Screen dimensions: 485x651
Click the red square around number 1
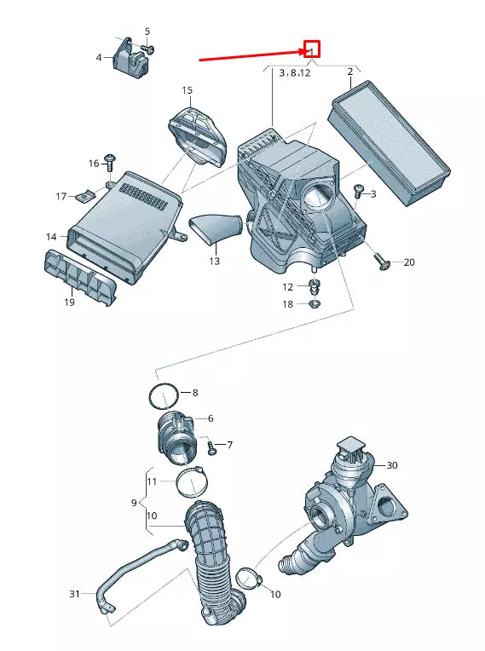pyautogui.click(x=312, y=49)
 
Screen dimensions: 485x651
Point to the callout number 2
pyautogui.click(x=350, y=72)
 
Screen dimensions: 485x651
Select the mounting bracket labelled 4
pyautogui.click(x=130, y=58)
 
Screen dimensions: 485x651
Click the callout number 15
pyautogui.click(x=188, y=90)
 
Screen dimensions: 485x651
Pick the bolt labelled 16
pyautogui.click(x=111, y=163)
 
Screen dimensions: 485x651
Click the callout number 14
pyautogui.click(x=51, y=237)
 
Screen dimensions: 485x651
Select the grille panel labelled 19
pyautogui.click(x=80, y=277)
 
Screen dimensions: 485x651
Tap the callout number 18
pyautogui.click(x=288, y=304)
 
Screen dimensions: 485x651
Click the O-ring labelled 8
pyautogui.click(x=164, y=397)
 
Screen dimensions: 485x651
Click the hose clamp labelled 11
pyautogui.click(x=192, y=482)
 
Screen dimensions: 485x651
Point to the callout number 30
pyautogui.click(x=392, y=465)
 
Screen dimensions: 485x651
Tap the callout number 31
pyautogui.click(x=74, y=594)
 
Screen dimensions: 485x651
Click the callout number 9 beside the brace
pyautogui.click(x=134, y=503)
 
